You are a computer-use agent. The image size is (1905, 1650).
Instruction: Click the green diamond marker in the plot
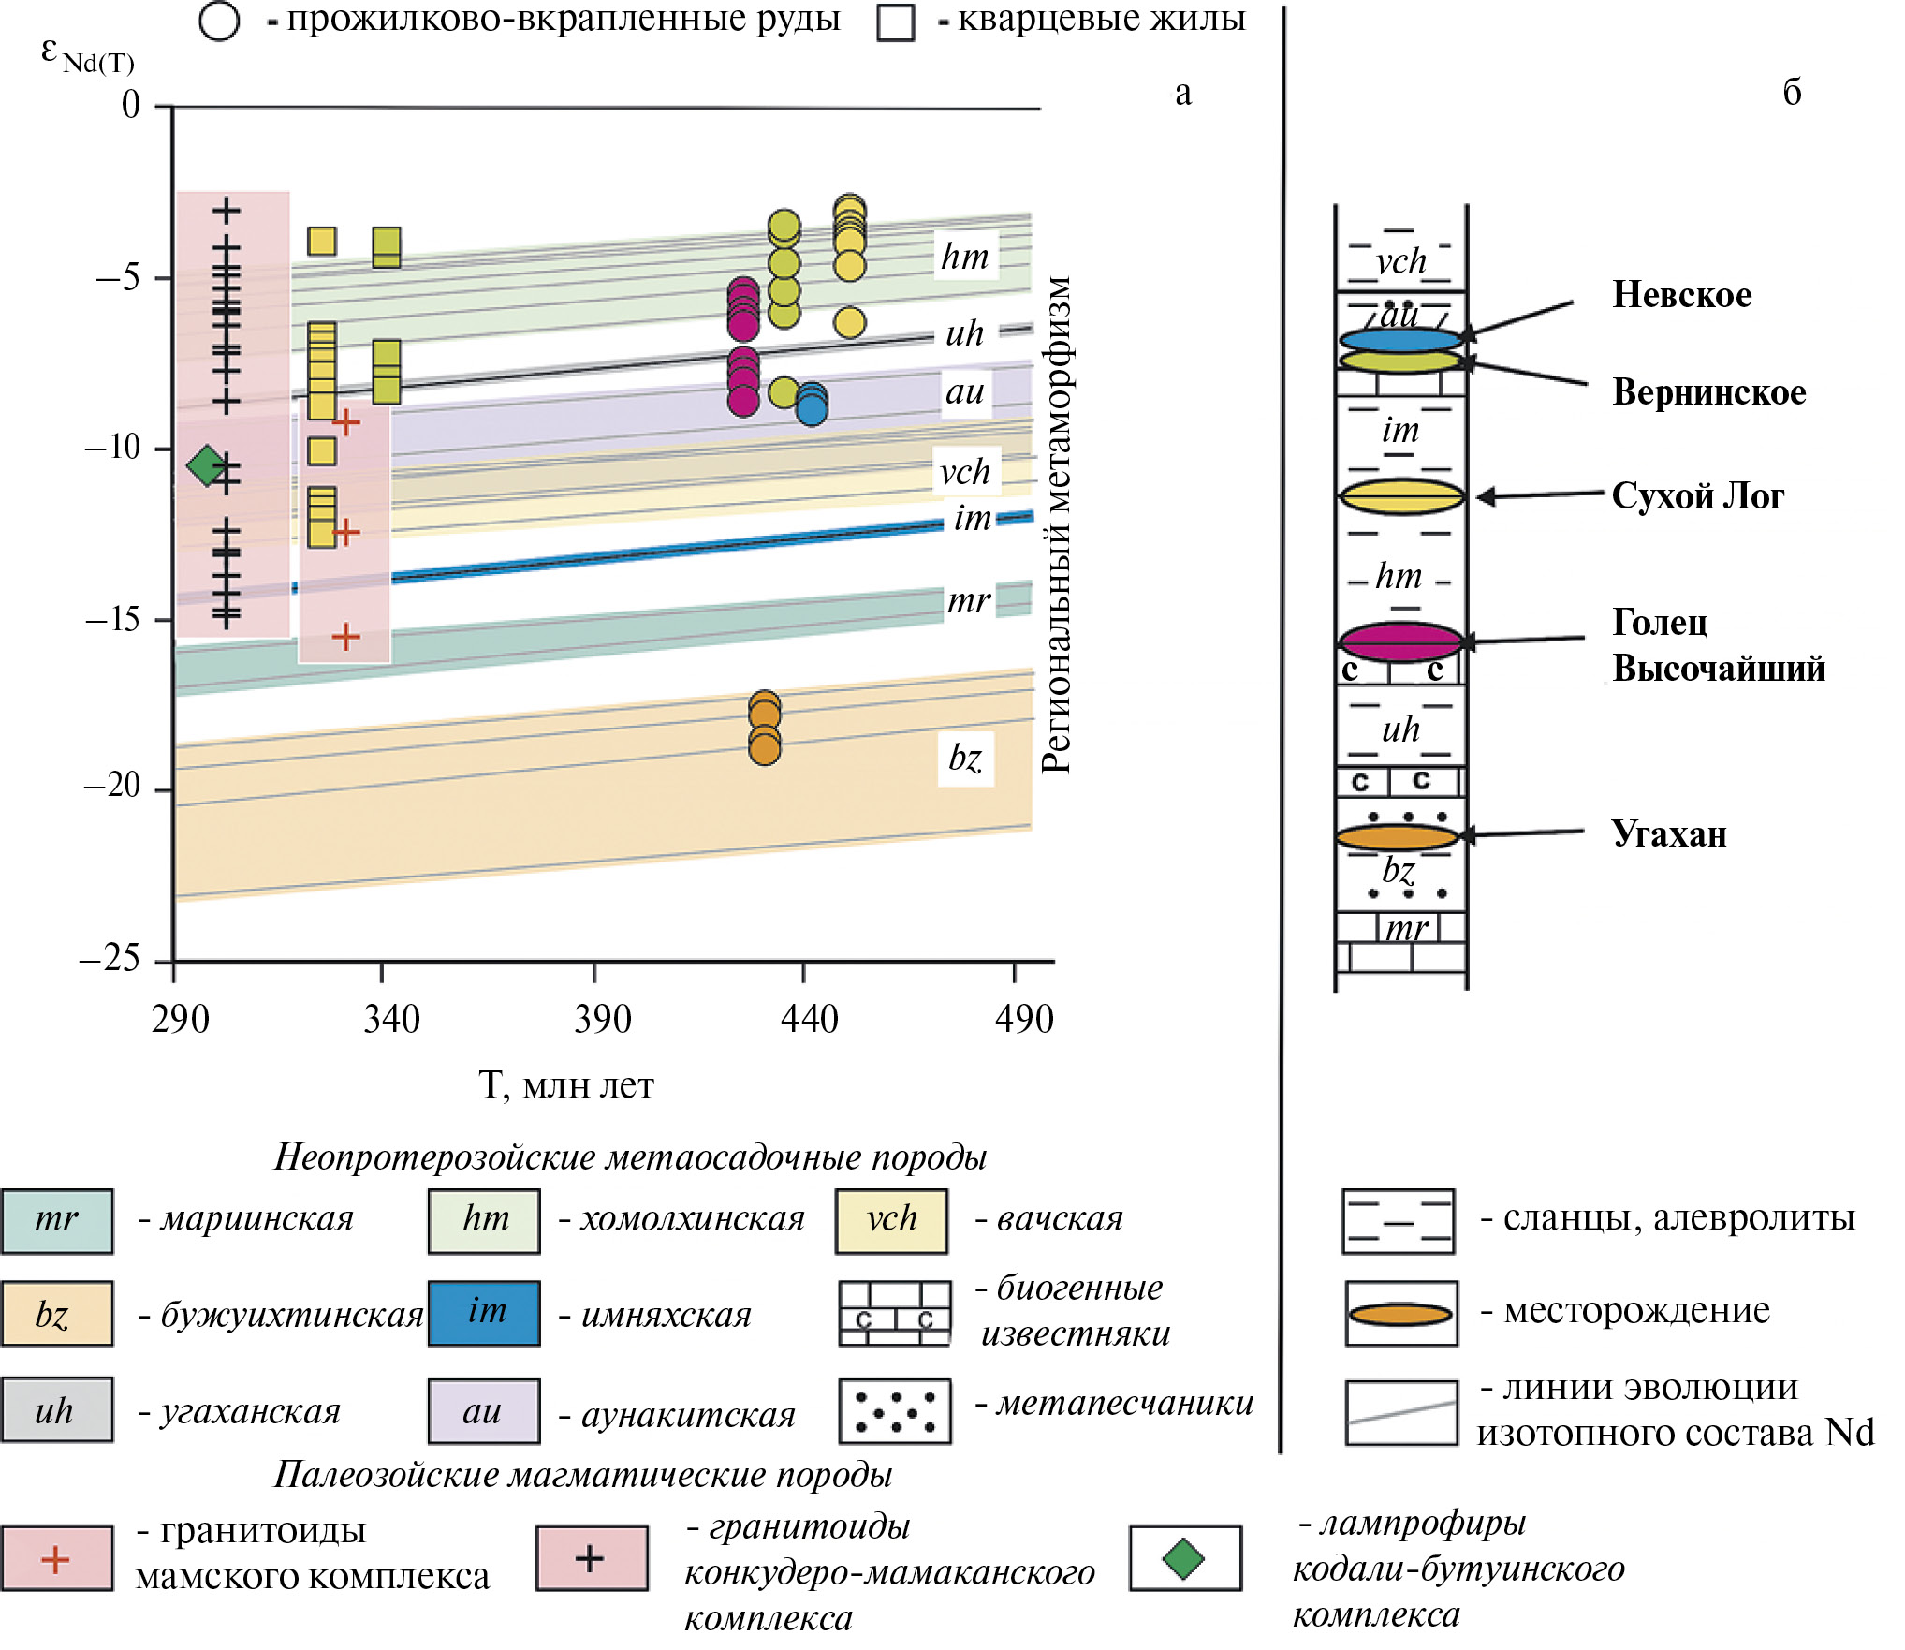(206, 464)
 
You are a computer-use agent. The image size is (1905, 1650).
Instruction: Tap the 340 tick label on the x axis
(391, 1019)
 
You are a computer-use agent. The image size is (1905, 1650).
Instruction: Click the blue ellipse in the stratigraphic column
(1400, 340)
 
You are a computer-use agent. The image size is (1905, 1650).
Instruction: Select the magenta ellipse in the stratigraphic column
(1400, 641)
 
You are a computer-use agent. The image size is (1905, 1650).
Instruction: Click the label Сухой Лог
(1697, 495)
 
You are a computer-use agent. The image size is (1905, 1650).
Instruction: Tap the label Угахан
(1668, 833)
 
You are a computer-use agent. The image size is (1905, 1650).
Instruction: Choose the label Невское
(1681, 295)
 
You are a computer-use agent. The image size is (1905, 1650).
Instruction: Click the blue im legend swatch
(484, 1313)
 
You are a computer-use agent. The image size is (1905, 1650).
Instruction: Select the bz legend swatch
(57, 1313)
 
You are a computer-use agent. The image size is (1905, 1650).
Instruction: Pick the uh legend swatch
(57, 1409)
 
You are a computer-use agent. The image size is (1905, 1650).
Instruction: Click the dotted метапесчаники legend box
(894, 1410)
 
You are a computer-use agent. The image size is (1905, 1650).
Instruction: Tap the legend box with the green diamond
(1184, 1558)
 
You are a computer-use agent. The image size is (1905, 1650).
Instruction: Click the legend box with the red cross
(57, 1558)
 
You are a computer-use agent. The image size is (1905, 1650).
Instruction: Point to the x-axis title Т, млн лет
(566, 1085)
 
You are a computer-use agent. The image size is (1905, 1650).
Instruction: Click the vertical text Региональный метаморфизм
(1056, 524)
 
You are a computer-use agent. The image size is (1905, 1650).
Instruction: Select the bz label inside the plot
(965, 758)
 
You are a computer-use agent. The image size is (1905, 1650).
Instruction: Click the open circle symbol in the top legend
(219, 22)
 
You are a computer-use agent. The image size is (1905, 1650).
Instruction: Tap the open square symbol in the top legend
(895, 22)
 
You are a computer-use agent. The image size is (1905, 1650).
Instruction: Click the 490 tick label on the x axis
(1024, 1019)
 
